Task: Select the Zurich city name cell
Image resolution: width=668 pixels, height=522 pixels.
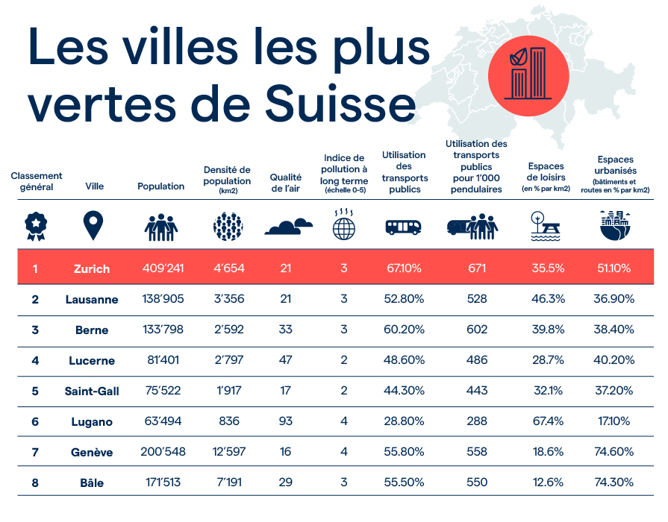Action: click(x=92, y=268)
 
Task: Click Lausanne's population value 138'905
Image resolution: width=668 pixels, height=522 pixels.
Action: click(x=163, y=299)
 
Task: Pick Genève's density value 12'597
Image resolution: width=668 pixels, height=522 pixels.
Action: click(x=228, y=452)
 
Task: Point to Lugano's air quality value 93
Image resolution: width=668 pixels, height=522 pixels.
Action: click(x=285, y=421)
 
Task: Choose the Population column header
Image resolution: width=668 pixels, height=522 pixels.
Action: click(x=160, y=186)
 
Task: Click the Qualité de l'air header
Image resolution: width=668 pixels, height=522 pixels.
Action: click(x=285, y=183)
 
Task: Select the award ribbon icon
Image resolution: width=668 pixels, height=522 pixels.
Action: click(x=33, y=224)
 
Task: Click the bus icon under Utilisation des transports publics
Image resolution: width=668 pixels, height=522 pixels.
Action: click(x=403, y=227)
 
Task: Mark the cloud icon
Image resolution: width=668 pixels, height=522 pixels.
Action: click(x=287, y=226)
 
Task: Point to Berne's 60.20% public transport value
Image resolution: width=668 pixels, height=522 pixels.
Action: click(x=403, y=330)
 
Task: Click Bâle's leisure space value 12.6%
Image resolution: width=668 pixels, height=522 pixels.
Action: click(x=546, y=482)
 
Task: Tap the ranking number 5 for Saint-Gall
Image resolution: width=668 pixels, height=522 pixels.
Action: click(x=34, y=391)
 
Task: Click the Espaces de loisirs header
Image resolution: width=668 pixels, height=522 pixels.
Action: click(x=546, y=177)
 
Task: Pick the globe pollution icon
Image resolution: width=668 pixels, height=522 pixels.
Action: click(x=344, y=225)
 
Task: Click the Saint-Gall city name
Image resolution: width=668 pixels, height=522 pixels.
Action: click(x=92, y=391)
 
